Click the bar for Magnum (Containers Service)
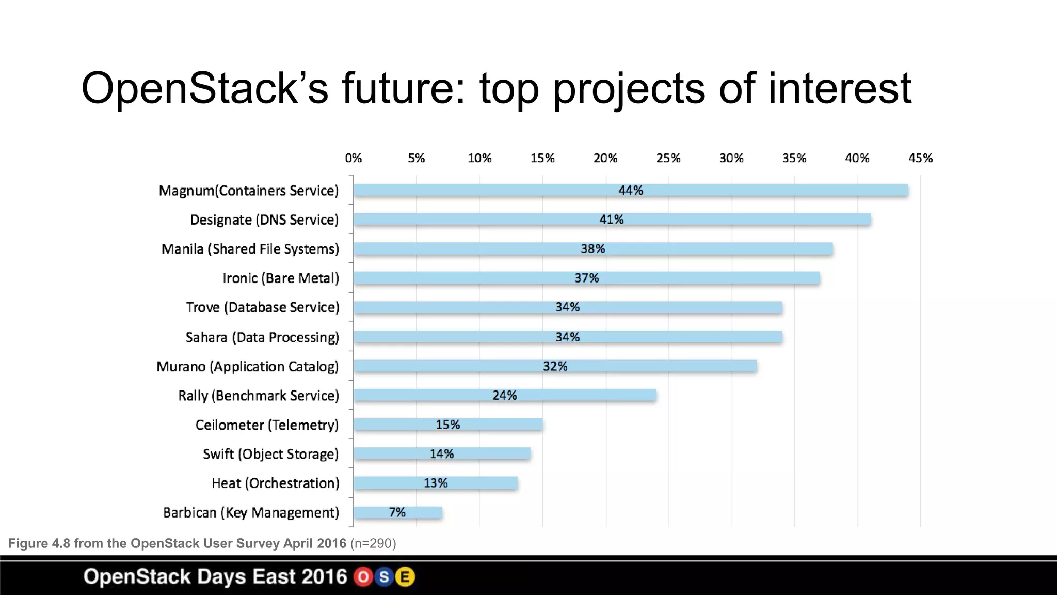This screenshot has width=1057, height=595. [x=631, y=190]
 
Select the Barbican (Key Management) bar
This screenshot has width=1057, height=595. [x=397, y=512]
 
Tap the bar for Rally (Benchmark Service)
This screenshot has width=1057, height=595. [x=505, y=395]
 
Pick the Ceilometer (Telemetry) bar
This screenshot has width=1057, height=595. [x=448, y=425]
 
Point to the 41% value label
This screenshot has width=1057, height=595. [x=612, y=220]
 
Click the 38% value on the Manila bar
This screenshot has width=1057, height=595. [x=592, y=249]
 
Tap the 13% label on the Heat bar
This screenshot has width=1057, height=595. [x=436, y=483]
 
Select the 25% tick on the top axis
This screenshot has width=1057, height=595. [x=668, y=158]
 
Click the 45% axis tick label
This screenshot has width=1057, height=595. [x=920, y=158]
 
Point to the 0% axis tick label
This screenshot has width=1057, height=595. [x=354, y=158]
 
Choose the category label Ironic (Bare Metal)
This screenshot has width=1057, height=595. [x=281, y=278]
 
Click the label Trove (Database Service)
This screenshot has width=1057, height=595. [x=263, y=307]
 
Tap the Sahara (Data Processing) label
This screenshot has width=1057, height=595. [x=262, y=337]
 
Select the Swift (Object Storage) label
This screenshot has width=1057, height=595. [x=271, y=454]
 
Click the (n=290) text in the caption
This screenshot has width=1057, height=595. [x=373, y=543]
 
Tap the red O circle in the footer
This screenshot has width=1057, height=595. [x=363, y=577]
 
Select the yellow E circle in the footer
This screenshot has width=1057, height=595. [x=405, y=577]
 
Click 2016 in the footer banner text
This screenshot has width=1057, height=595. [x=323, y=577]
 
